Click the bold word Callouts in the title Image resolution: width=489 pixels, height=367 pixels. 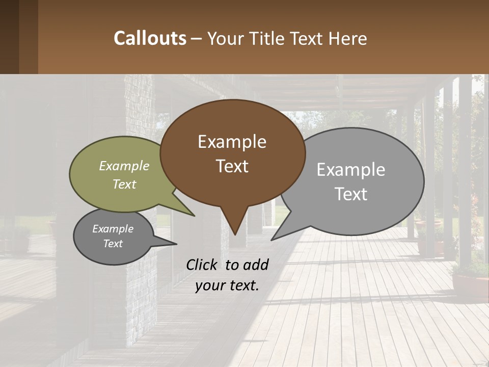tap(150, 38)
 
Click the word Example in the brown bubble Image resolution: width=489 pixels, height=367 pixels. tap(232, 142)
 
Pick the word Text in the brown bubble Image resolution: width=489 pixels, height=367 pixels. tap(232, 166)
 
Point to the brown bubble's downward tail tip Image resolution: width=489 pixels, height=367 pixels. tap(235, 234)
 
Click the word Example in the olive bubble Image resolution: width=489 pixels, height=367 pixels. tap(124, 166)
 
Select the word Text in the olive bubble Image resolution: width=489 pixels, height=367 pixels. tap(124, 184)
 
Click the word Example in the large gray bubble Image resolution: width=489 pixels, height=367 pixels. tap(351, 170)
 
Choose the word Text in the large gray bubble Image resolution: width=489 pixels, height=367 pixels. tap(351, 194)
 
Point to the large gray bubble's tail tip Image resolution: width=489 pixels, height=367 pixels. tap(273, 239)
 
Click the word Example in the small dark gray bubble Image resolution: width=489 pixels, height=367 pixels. tap(113, 229)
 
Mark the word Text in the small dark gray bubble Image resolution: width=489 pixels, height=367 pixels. tap(113, 244)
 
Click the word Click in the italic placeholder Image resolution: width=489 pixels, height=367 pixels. tap(202, 265)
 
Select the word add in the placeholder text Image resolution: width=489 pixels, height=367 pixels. tap(256, 265)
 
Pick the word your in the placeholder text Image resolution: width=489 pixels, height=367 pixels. tap(209, 285)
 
